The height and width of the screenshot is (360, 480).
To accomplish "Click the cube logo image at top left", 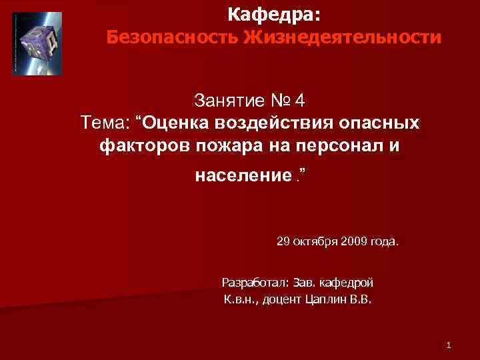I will point(37,43).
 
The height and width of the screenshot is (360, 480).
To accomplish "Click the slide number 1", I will point(449,345).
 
